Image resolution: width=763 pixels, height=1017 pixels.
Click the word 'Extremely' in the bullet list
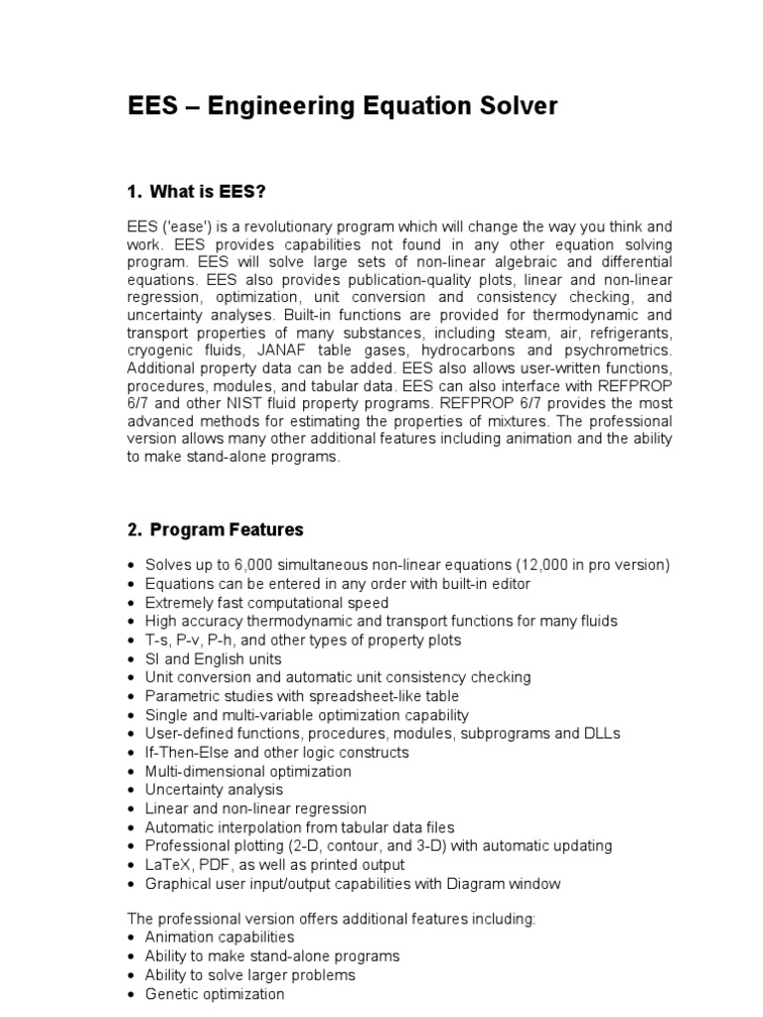point(178,603)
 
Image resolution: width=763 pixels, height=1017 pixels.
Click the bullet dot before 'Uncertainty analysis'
point(132,791)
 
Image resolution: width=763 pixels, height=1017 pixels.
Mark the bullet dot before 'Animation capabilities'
point(132,938)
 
